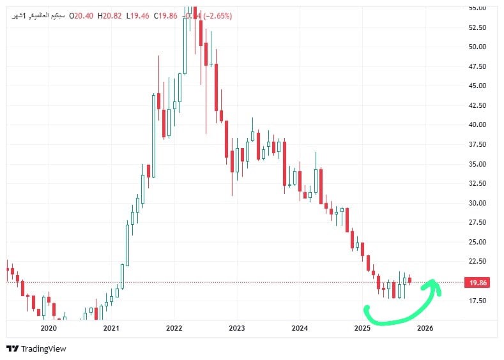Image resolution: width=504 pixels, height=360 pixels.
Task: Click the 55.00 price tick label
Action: [x=478, y=8]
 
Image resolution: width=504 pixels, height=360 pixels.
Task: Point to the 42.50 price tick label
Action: [x=478, y=105]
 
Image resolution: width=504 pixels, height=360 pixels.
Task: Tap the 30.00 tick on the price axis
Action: [x=478, y=203]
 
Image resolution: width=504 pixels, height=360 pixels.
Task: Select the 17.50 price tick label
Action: [x=478, y=301]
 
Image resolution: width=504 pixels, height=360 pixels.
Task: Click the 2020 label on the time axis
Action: [x=49, y=328]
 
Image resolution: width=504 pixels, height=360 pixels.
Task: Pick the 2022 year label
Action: [x=174, y=328]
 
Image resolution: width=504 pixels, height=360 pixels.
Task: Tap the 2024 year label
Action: [x=300, y=328]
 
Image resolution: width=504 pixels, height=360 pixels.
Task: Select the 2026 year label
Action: [x=425, y=328]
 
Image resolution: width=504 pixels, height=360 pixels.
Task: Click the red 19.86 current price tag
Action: [x=478, y=282]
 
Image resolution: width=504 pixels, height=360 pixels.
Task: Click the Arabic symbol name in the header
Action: [x=38, y=15]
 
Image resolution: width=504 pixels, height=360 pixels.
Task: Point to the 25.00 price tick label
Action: [x=478, y=242]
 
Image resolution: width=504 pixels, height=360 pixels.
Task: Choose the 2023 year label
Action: [x=236, y=328]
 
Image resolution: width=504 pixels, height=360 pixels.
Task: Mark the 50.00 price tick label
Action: [x=478, y=47]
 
